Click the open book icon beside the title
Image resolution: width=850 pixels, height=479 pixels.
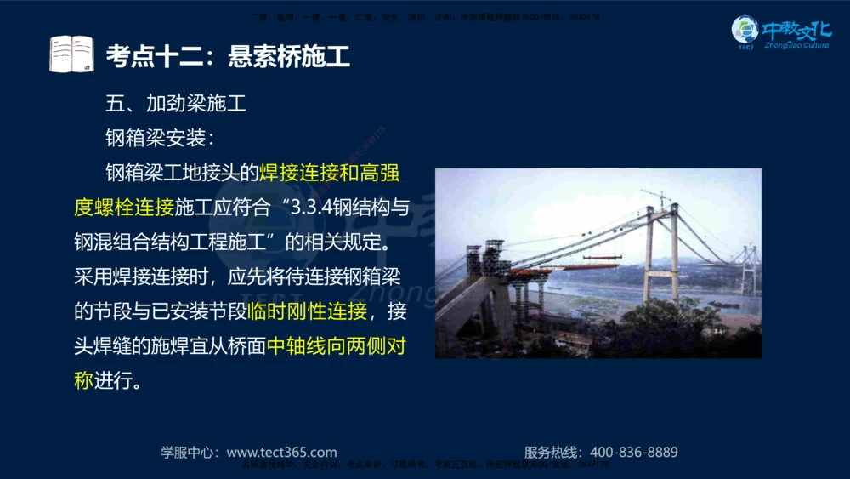tap(71, 54)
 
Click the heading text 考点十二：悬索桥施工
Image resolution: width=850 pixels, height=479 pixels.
tap(228, 56)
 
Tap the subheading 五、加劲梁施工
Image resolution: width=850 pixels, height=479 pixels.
tap(176, 105)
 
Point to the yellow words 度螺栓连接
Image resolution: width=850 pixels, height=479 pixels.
tap(124, 208)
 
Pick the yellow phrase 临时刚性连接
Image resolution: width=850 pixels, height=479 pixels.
tap(307, 311)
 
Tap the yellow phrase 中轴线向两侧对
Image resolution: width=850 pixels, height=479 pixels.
tap(337, 346)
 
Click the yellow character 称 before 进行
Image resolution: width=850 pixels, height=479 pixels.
tap(83, 380)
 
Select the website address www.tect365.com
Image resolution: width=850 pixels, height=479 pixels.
tap(282, 453)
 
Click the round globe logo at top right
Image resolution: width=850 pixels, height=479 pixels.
tap(745, 31)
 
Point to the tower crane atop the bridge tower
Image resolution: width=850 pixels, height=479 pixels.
tap(657, 197)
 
